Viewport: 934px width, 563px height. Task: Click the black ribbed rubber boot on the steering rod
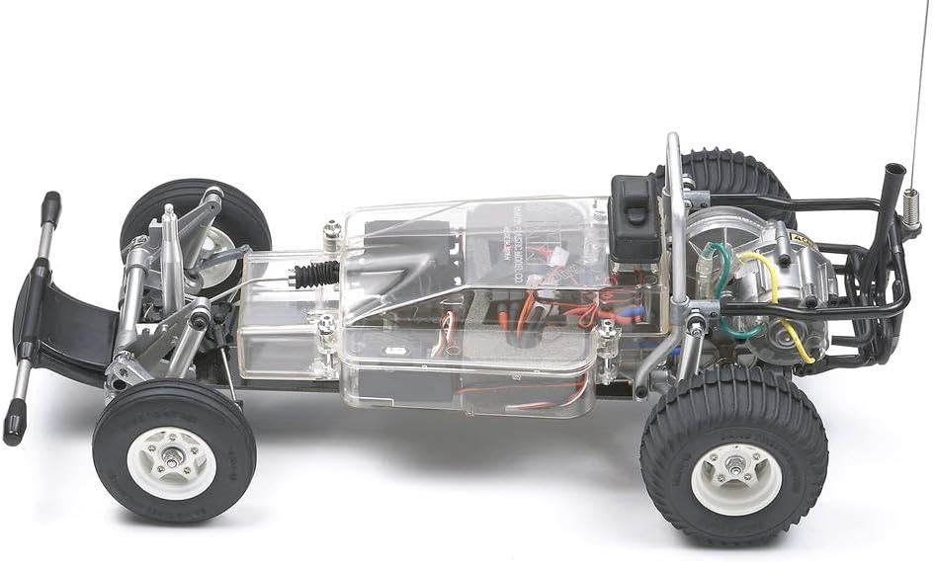tap(316, 274)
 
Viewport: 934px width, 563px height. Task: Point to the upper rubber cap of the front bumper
tap(49, 208)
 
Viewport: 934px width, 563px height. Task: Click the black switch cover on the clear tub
tap(634, 217)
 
